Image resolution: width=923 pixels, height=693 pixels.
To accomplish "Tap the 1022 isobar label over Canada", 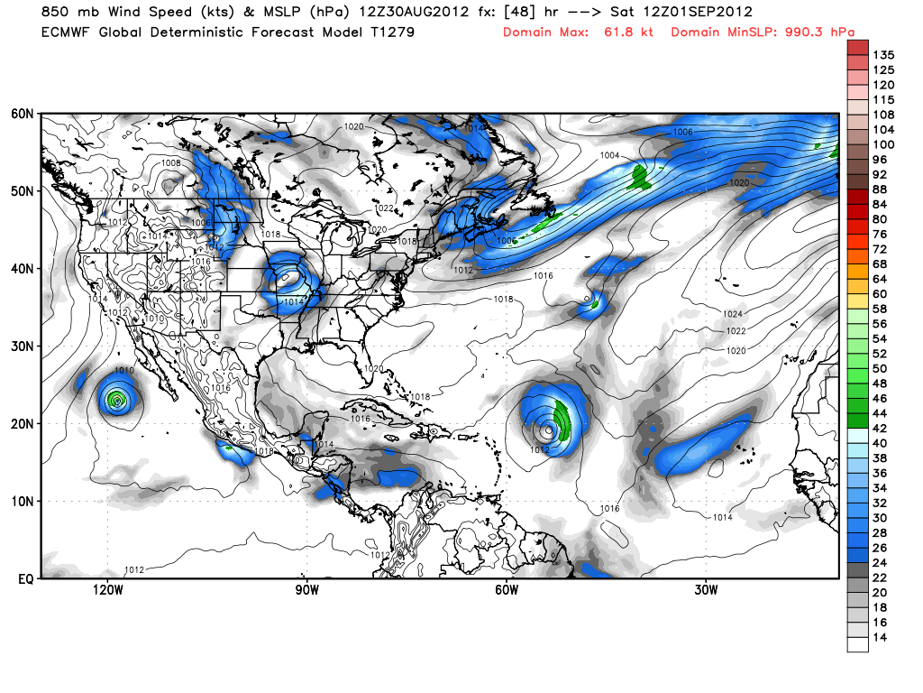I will point(385,208).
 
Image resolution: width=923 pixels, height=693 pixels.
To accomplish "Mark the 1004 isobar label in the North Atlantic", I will point(610,155).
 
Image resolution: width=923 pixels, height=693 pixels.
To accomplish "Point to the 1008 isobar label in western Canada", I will point(171,162).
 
